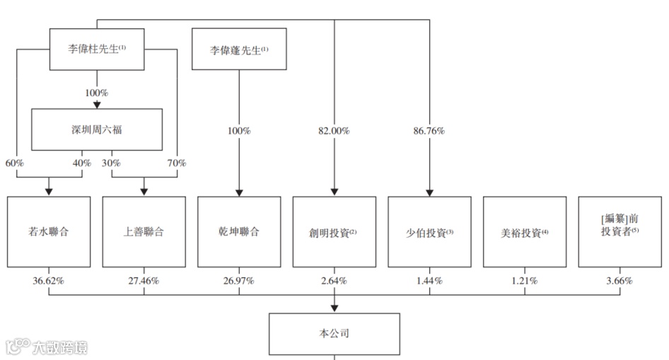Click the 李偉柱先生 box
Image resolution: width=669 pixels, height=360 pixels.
96,50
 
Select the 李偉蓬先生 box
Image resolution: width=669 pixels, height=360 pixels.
239,50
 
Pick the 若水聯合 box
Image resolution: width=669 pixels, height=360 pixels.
49,232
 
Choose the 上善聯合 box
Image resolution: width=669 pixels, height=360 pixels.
144,232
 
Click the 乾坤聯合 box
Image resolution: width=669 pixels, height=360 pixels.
239,232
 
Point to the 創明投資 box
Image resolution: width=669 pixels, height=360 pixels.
334,232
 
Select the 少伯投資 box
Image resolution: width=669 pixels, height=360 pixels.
429,232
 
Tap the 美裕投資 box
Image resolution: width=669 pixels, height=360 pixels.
525,232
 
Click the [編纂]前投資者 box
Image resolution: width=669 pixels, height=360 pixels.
619,232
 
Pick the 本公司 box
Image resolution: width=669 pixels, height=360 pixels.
334,333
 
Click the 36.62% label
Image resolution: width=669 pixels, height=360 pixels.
49,281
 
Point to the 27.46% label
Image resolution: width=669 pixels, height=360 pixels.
144,281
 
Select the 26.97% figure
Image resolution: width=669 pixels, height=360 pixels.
239,281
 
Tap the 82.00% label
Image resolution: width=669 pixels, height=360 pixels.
334,132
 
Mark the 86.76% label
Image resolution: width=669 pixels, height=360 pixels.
429,132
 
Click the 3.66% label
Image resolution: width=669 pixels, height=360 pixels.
619,281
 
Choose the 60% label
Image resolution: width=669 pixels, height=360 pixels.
14,163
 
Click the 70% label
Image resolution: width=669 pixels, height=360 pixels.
177,163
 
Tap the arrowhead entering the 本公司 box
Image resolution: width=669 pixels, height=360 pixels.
334,308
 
